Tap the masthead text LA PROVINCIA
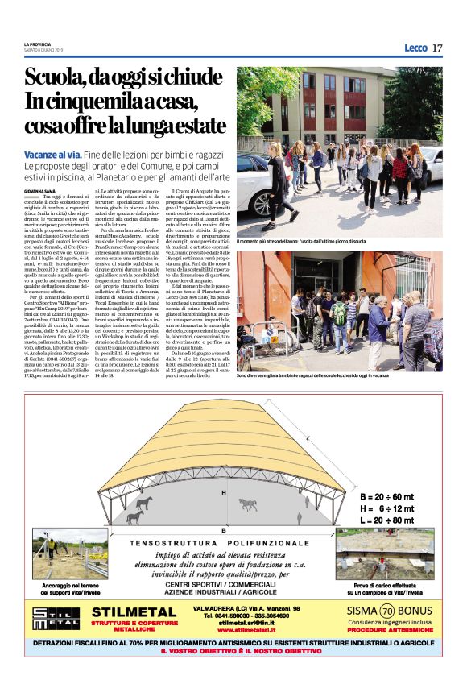point(38,44)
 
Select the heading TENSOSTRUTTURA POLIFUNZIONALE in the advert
point(220,544)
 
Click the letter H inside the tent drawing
point(224,491)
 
